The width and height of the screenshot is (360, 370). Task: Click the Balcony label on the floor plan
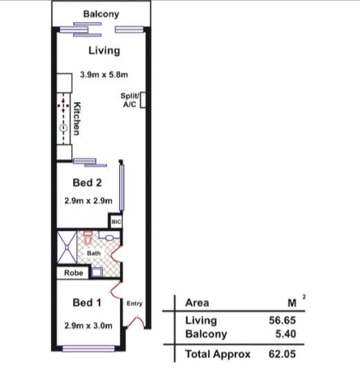(101, 14)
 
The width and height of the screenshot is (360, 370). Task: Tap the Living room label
(104, 50)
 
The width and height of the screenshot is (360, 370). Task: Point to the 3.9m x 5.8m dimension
(104, 74)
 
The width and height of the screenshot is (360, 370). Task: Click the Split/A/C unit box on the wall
(143, 100)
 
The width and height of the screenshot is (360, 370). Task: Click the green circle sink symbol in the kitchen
(63, 128)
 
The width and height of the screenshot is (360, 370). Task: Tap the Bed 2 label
(87, 183)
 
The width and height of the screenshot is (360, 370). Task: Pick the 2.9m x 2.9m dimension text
(88, 201)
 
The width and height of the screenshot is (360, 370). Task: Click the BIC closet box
(116, 222)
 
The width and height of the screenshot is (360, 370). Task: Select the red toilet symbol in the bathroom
(88, 238)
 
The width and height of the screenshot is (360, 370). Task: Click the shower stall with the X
(67, 247)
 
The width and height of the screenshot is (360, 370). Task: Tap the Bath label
(94, 253)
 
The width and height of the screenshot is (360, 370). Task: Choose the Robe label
(74, 273)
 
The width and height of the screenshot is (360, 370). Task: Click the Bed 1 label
(87, 302)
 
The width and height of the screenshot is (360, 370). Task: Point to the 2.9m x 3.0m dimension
(88, 326)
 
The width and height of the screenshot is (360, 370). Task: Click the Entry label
(134, 303)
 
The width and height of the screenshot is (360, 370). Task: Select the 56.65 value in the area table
(282, 320)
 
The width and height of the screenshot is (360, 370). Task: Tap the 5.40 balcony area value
(286, 334)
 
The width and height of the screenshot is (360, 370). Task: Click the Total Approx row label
(218, 354)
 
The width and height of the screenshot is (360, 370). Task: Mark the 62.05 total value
(282, 354)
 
